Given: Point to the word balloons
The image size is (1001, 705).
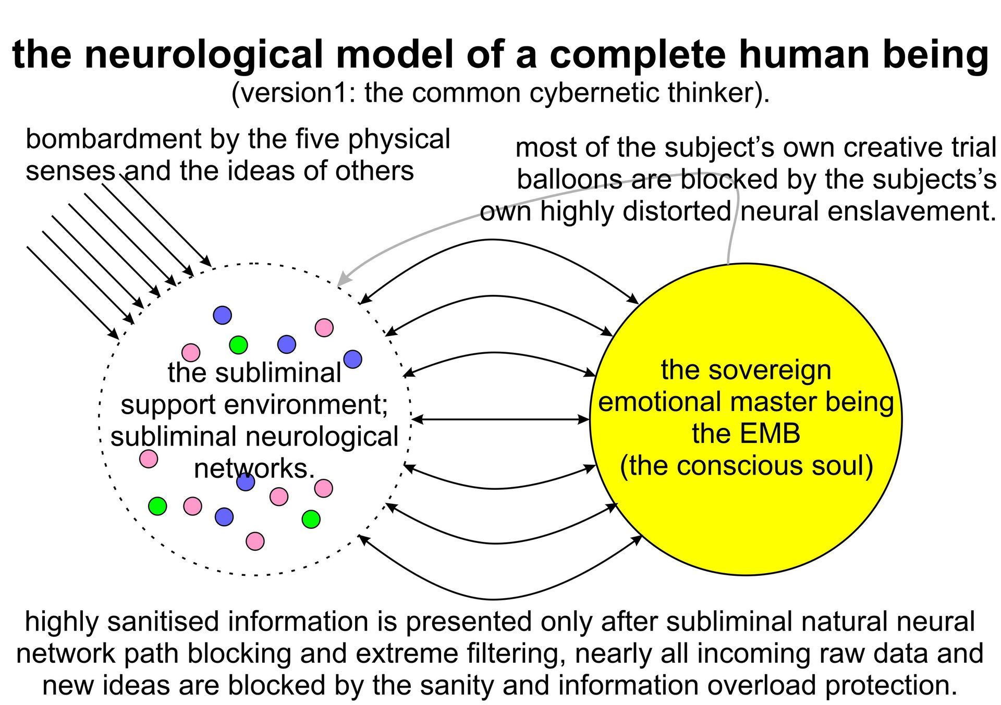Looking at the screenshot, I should click(569, 180).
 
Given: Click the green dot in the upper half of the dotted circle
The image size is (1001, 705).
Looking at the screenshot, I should click(238, 344).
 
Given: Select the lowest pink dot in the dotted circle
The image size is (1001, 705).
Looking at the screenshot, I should click(255, 541).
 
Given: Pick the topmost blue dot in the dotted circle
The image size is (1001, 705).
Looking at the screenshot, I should click(223, 315).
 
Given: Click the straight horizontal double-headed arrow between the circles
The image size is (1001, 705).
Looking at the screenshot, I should click(500, 419).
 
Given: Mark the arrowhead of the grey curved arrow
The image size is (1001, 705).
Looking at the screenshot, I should click(341, 282).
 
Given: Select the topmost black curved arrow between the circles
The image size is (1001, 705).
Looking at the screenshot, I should click(493, 240).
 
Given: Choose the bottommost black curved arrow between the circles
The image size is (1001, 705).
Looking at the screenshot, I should click(493, 599).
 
